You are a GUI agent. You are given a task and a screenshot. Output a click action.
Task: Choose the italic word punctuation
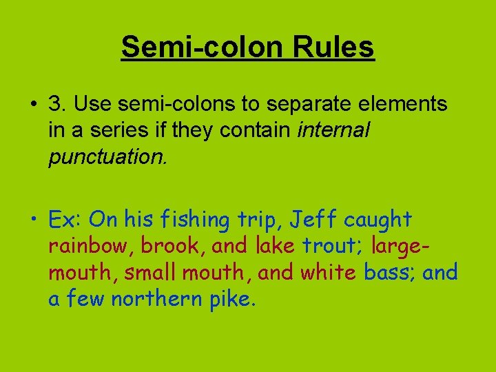[107, 156]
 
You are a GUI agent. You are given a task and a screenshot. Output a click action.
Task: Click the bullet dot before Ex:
[32, 220]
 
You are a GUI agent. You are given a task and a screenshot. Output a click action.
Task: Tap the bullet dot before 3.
[32, 105]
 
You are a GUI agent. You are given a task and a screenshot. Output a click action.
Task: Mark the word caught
[378, 220]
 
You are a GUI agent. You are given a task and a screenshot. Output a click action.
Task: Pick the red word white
[327, 272]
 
